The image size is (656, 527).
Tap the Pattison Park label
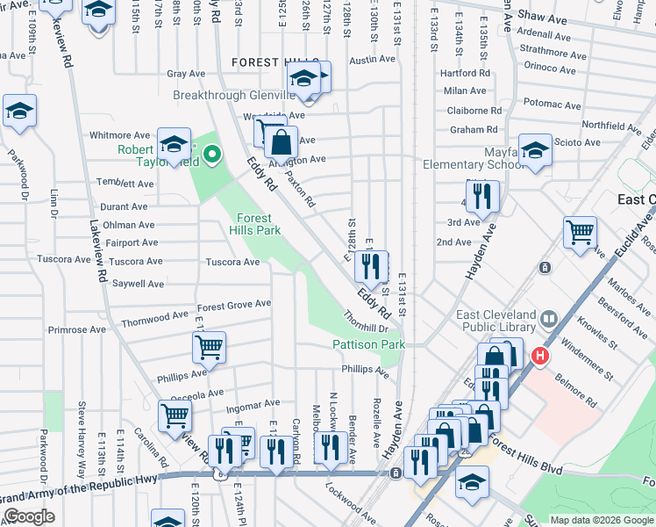pyautogui.click(x=369, y=345)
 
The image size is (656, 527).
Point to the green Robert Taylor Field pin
pyautogui.click(x=211, y=157)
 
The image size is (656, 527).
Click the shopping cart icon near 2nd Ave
pyautogui.click(x=580, y=234)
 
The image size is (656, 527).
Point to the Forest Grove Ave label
pyautogui.click(x=234, y=304)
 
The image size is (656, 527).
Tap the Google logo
pyautogui.click(x=29, y=516)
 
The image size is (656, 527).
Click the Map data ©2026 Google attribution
pyautogui.click(x=601, y=520)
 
